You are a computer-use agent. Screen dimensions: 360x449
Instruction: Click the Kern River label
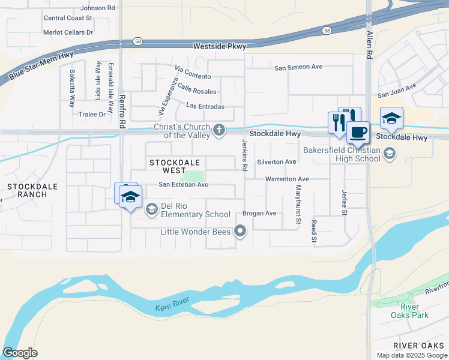(x=172, y=299)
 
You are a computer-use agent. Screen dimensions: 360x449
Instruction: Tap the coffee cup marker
(x=358, y=132)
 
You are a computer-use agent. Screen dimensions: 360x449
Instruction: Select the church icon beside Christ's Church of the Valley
(x=220, y=130)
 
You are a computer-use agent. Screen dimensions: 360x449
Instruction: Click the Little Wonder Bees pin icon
(x=241, y=230)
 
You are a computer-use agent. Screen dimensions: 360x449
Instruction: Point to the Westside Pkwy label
(x=219, y=46)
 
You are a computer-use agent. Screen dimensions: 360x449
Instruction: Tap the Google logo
(x=20, y=353)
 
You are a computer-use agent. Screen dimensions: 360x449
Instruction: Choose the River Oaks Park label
(x=409, y=310)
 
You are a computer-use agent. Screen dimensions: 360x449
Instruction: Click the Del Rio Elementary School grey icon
(x=151, y=209)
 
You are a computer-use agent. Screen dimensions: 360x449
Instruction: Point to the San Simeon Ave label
(x=299, y=68)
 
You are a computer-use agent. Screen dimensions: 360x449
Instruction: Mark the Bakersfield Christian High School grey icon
(x=389, y=154)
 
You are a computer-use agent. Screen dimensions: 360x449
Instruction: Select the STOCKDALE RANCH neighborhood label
(x=32, y=190)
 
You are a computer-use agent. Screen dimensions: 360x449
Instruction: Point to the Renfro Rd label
(x=122, y=113)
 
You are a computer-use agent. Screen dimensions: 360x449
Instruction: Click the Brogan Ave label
(x=259, y=214)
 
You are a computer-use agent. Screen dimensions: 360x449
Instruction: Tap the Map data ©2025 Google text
(x=411, y=355)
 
